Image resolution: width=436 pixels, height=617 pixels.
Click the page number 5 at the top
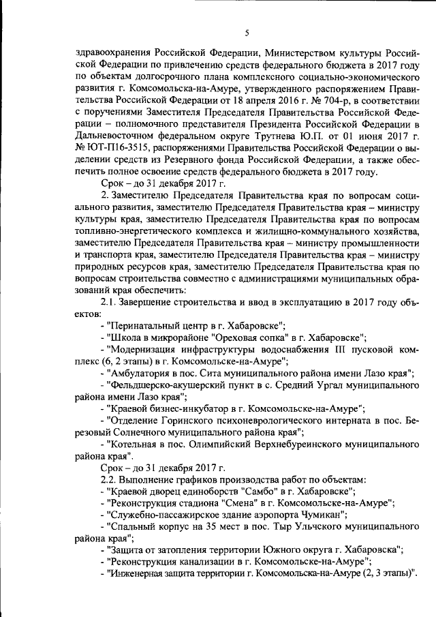(x=247, y=33)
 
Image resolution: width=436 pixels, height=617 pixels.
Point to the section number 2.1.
(x=111, y=303)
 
